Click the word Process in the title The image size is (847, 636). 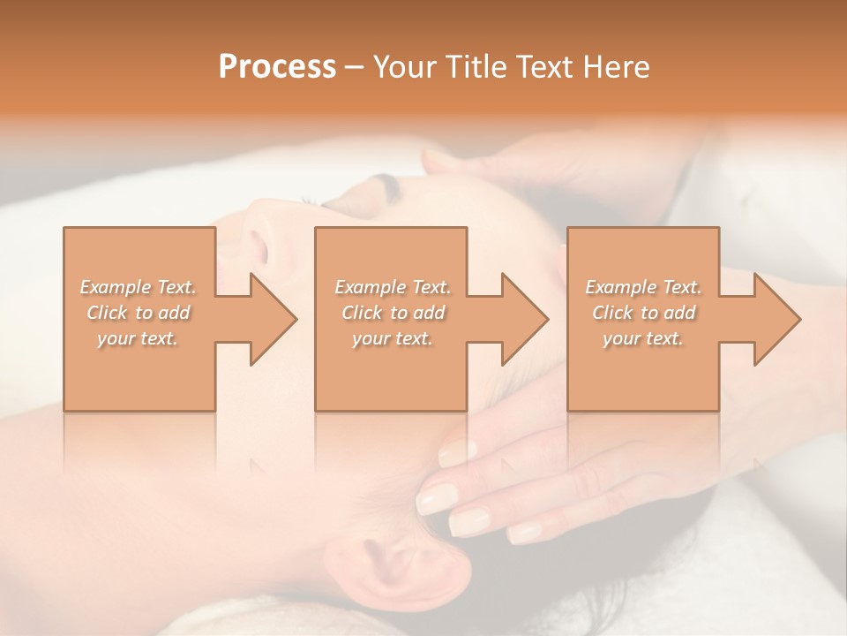pyautogui.click(x=277, y=67)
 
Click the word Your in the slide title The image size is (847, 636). pyautogui.click(x=405, y=67)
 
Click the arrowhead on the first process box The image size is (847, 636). pyautogui.click(x=265, y=319)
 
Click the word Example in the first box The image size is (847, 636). pyautogui.click(x=115, y=287)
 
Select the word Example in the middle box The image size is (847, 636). pyautogui.click(x=370, y=287)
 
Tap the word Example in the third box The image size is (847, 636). pyautogui.click(x=620, y=287)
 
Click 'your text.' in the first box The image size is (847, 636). pyautogui.click(x=138, y=338)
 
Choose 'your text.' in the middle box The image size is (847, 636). pyautogui.click(x=393, y=338)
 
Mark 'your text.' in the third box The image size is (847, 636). pyautogui.click(x=643, y=338)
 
